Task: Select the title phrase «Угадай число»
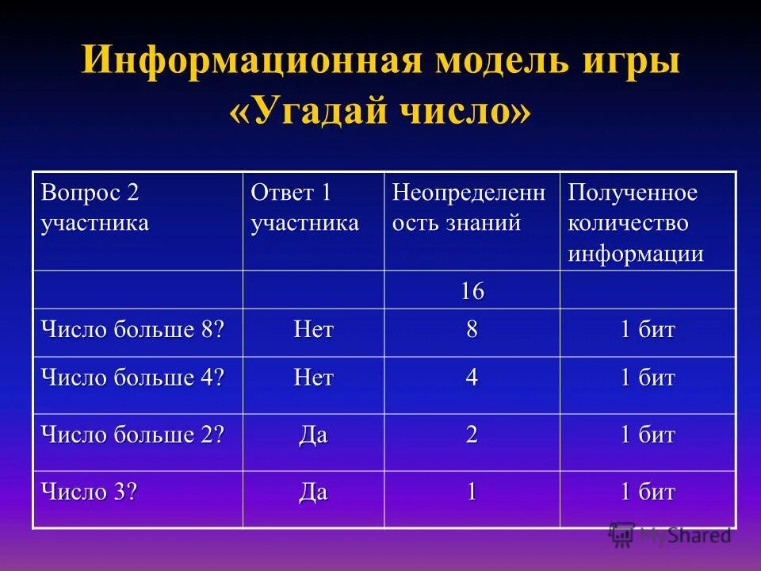pyautogui.click(x=380, y=112)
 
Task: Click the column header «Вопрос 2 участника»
pyautogui.click(x=95, y=208)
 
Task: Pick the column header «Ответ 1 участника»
pyautogui.click(x=304, y=208)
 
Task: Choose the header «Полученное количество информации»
pyautogui.click(x=635, y=223)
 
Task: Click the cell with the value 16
pyautogui.click(x=472, y=291)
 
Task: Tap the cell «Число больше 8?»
pyautogui.click(x=128, y=329)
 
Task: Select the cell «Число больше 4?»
pyautogui.click(x=128, y=377)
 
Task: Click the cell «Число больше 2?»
pyautogui.click(x=128, y=435)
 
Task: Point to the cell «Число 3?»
pyautogui.click(x=90, y=492)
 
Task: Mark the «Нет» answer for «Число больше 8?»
pyautogui.click(x=313, y=330)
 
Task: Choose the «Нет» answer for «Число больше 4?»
pyautogui.click(x=313, y=378)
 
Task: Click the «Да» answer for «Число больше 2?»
pyautogui.click(x=313, y=435)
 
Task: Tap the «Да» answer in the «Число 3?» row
pyautogui.click(x=313, y=492)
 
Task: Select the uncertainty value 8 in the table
pyautogui.click(x=472, y=330)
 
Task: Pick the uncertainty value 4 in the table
pyautogui.click(x=472, y=378)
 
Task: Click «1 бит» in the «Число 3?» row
pyautogui.click(x=648, y=492)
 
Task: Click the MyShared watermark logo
pyautogui.click(x=670, y=535)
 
